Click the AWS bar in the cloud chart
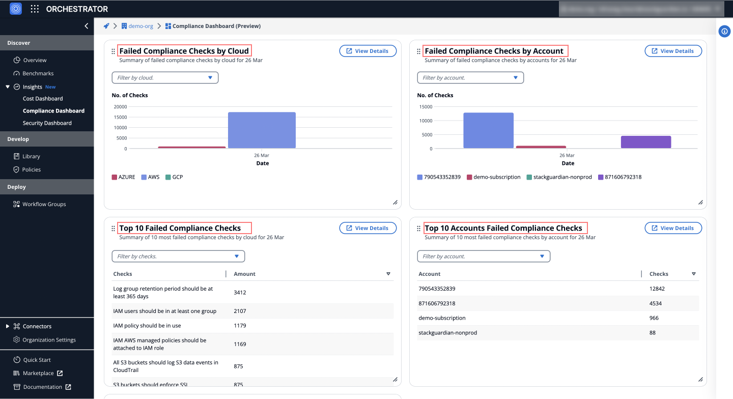(262, 130)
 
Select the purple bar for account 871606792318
(645, 142)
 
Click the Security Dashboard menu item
(47, 123)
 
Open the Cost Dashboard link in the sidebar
(43, 99)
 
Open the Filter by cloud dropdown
(165, 78)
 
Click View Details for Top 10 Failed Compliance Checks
(368, 228)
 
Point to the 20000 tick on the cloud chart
(120, 107)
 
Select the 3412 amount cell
(240, 293)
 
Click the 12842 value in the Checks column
(657, 289)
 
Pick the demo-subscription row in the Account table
(442, 318)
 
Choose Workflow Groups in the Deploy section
(44, 204)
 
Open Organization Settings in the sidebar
(49, 340)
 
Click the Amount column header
(244, 274)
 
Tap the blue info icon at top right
(724, 32)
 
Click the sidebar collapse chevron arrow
(87, 26)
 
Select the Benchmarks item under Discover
(38, 73)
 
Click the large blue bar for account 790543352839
(488, 131)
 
